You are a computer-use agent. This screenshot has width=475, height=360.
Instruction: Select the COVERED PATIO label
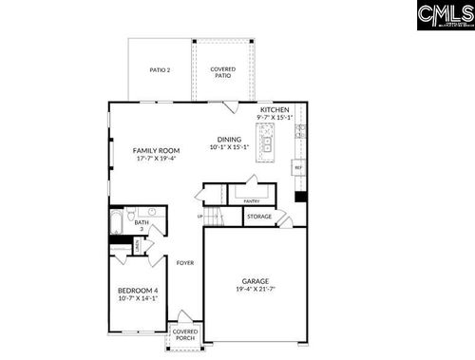pyautogui.click(x=223, y=72)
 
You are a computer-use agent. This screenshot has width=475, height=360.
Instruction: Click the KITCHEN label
pyautogui.click(x=275, y=109)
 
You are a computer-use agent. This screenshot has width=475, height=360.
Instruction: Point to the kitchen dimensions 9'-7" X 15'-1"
pyautogui.click(x=275, y=118)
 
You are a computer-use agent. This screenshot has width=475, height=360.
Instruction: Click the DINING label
pyautogui.click(x=229, y=139)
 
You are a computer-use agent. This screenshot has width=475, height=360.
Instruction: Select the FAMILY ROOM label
pyautogui.click(x=156, y=150)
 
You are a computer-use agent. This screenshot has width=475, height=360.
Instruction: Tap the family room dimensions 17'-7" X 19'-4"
pyautogui.click(x=156, y=159)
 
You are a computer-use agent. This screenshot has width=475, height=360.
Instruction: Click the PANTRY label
pyautogui.click(x=252, y=201)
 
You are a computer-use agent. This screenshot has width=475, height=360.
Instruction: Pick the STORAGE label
pyautogui.click(x=259, y=217)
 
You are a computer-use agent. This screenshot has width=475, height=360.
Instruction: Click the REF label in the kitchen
pyautogui.click(x=297, y=168)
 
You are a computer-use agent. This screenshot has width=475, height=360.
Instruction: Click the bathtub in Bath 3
pyautogui.click(x=115, y=224)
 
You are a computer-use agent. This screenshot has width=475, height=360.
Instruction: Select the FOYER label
pyautogui.click(x=185, y=262)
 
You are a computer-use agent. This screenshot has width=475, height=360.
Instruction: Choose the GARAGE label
pyautogui.click(x=255, y=281)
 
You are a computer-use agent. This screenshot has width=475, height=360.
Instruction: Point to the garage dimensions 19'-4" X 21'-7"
pyautogui.click(x=255, y=290)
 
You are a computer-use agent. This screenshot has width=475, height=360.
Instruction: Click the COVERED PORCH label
pyautogui.click(x=184, y=335)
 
